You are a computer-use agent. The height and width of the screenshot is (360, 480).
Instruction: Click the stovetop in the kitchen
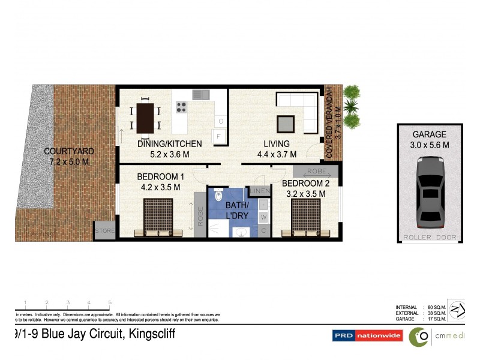coord(181,107)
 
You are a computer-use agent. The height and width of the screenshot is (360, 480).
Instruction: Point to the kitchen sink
coord(199,94)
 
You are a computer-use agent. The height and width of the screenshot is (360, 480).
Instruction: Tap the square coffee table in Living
coord(286,123)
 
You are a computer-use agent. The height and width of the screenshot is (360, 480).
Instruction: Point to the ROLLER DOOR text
coord(429,238)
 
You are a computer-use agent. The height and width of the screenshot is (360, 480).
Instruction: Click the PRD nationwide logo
coord(367,336)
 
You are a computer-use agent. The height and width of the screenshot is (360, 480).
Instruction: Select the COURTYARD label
coord(69,151)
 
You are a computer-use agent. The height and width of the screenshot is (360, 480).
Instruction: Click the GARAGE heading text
coord(429,134)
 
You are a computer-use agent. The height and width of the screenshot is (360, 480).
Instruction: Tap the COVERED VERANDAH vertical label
coord(329,122)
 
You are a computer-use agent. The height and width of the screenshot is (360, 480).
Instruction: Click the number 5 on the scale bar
coord(110,302)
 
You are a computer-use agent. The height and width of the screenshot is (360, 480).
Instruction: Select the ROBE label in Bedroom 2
coord(318,170)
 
